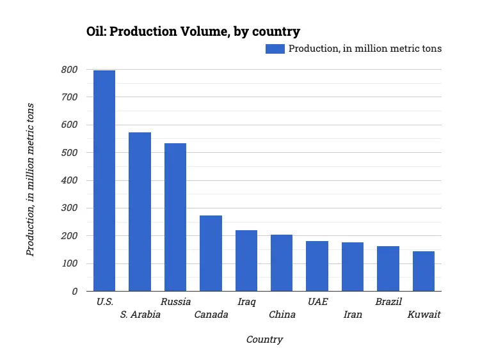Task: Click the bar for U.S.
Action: [104, 181]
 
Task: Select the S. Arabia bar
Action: [140, 212]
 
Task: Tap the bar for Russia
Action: [175, 217]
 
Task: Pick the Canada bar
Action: [211, 253]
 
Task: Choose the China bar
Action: [282, 263]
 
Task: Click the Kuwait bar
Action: [424, 271]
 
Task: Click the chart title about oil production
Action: [193, 31]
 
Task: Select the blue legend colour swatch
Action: [275, 49]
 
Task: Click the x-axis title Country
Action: [264, 340]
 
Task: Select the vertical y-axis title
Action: [30, 180]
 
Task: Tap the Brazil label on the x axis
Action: [388, 302]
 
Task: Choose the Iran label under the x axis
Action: [353, 315]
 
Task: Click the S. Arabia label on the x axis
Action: [140, 315]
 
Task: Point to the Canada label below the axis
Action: [211, 315]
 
